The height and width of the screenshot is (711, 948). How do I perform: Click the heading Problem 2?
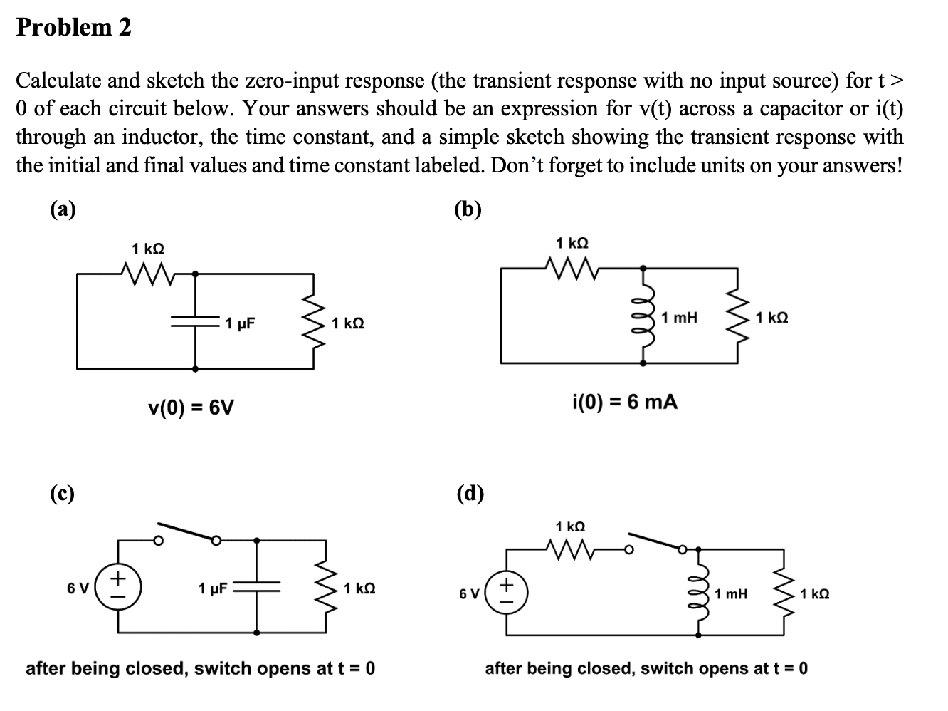(73, 27)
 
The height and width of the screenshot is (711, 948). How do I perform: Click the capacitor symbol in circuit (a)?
(196, 322)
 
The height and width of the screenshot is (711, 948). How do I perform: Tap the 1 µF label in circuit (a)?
(240, 323)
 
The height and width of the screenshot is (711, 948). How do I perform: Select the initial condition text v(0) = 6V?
(191, 408)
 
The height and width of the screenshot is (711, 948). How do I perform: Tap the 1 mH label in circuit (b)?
(679, 317)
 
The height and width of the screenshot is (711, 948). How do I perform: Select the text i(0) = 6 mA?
(624, 403)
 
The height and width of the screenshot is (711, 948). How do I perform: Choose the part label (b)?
(468, 209)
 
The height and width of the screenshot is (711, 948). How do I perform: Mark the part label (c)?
(62, 493)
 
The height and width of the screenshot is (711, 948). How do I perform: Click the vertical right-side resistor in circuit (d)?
(784, 593)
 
